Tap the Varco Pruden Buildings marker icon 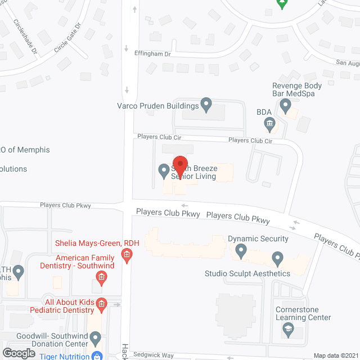pos(206,103)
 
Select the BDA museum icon pos(269,123)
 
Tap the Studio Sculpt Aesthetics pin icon pos(277,259)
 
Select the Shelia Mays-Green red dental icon pos(127,256)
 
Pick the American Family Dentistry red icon pos(101,276)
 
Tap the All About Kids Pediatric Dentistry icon pos(101,305)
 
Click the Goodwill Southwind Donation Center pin pos(95,339)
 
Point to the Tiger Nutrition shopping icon pos(97,355)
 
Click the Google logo pos(19,353)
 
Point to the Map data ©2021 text pos(335,355)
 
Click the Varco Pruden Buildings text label pos(158,105)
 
